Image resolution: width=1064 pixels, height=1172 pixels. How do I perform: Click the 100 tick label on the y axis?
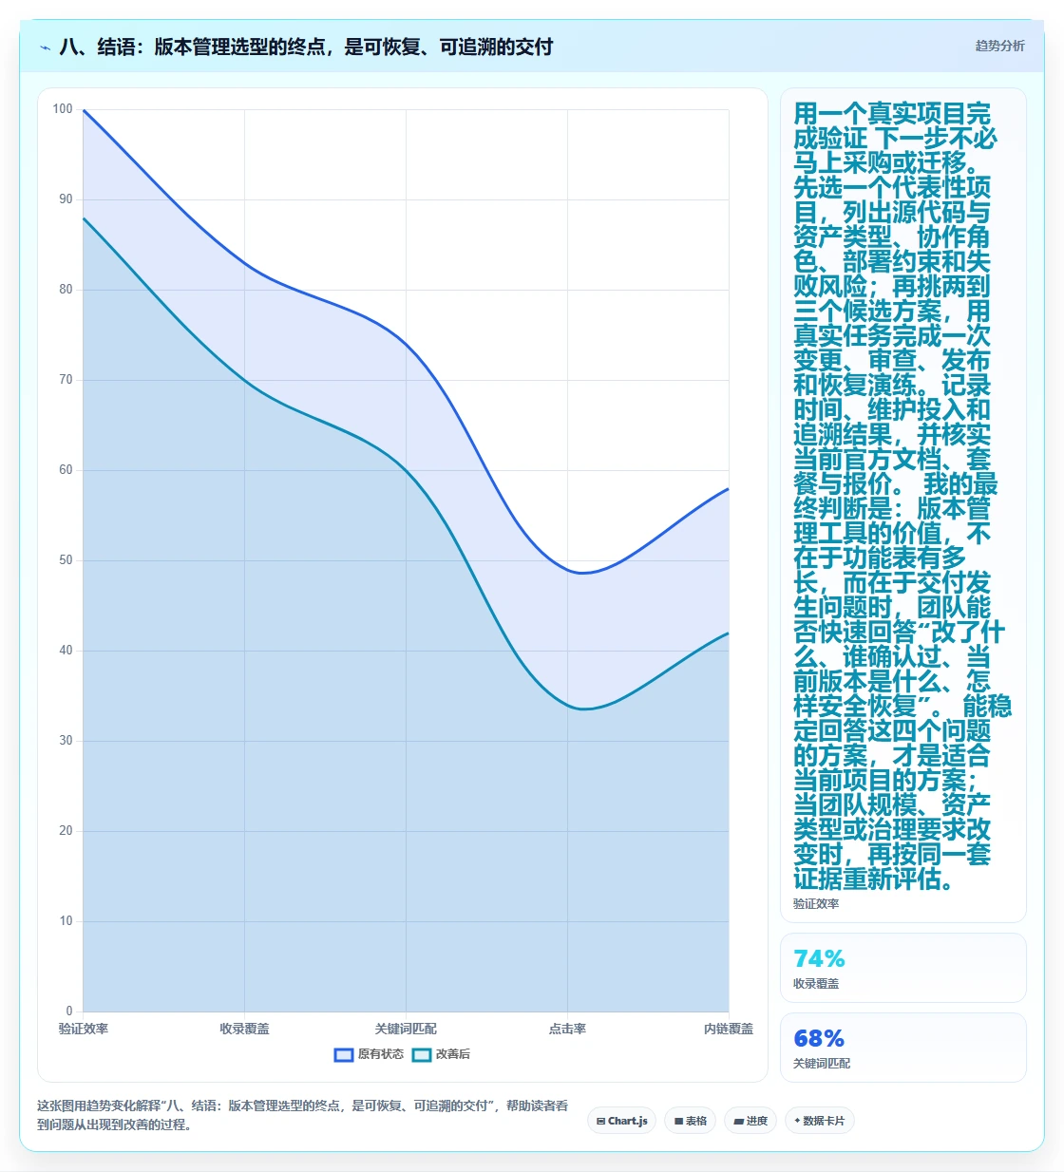click(63, 109)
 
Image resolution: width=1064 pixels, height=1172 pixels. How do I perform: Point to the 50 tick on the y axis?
click(66, 560)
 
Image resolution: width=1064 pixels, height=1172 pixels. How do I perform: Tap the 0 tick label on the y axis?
click(69, 1011)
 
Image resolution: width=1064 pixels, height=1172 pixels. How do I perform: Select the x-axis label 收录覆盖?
click(244, 1029)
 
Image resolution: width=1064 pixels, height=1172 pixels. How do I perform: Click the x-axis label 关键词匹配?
click(406, 1029)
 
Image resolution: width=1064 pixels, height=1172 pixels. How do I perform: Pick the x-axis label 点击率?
click(567, 1029)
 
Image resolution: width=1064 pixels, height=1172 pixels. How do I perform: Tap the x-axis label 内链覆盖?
click(729, 1029)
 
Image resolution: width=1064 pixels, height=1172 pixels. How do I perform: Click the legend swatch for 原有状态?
click(344, 1055)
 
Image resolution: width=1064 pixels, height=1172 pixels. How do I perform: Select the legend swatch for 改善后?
click(422, 1055)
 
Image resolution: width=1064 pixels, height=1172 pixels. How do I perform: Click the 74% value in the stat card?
click(819, 958)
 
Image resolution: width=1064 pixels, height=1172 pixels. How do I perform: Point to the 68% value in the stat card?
click(819, 1039)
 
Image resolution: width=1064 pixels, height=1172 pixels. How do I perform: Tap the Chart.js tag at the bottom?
click(622, 1121)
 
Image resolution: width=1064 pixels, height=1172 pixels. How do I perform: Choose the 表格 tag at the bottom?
click(691, 1121)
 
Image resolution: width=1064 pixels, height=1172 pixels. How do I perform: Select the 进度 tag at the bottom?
click(750, 1121)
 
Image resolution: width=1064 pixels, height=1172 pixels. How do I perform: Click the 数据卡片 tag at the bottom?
click(820, 1121)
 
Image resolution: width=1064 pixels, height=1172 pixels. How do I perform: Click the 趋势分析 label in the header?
click(999, 47)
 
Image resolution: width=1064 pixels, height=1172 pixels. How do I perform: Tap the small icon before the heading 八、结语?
click(45, 47)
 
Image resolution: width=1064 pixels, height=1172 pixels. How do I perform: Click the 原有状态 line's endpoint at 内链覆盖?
click(729, 488)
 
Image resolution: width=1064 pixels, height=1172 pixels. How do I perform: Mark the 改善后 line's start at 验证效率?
click(83, 217)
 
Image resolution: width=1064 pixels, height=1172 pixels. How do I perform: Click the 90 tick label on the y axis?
click(66, 199)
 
